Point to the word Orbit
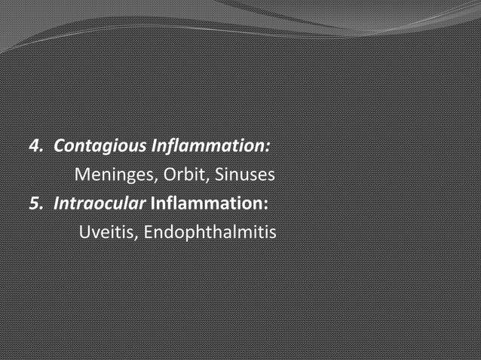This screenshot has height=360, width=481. [x=184, y=175]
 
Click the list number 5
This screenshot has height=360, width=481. [x=33, y=204]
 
